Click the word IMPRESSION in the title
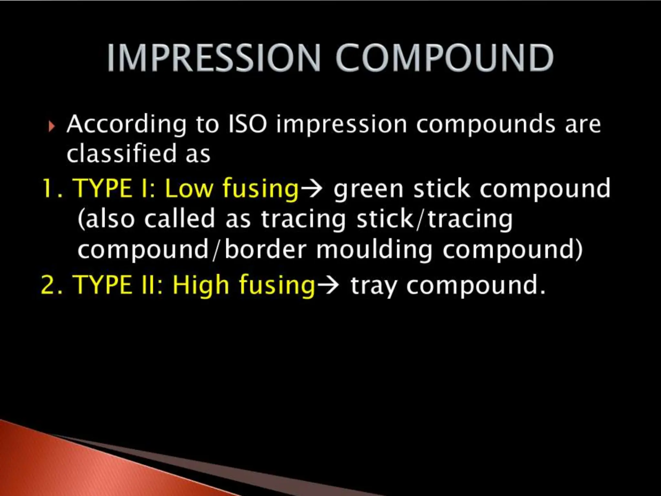coord(213,58)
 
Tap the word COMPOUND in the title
coord(444,58)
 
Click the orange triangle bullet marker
coord(51,126)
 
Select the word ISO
coord(248,124)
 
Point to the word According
coord(127,125)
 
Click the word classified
coord(122,154)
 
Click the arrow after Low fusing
coord(311,188)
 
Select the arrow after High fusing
coord(328,285)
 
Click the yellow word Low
coord(189,188)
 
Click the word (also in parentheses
coord(106,219)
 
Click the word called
coord(179,219)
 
